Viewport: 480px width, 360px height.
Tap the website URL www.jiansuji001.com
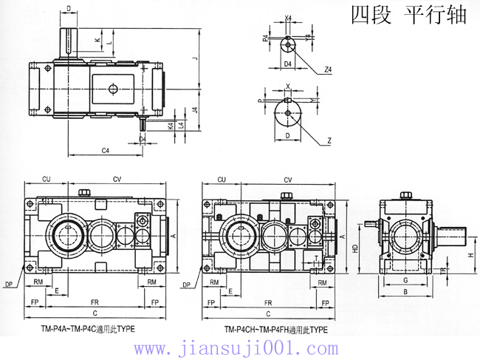click(x=239, y=347)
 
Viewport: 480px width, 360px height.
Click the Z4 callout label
click(x=327, y=69)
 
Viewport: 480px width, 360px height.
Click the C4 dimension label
click(x=105, y=151)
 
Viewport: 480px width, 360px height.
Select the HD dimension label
click(x=355, y=250)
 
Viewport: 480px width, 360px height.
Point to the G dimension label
click(x=405, y=280)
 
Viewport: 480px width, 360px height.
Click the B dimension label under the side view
click(x=405, y=291)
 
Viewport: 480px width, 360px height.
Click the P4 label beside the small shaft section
click(x=265, y=40)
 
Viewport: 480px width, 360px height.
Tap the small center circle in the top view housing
click(x=112, y=89)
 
